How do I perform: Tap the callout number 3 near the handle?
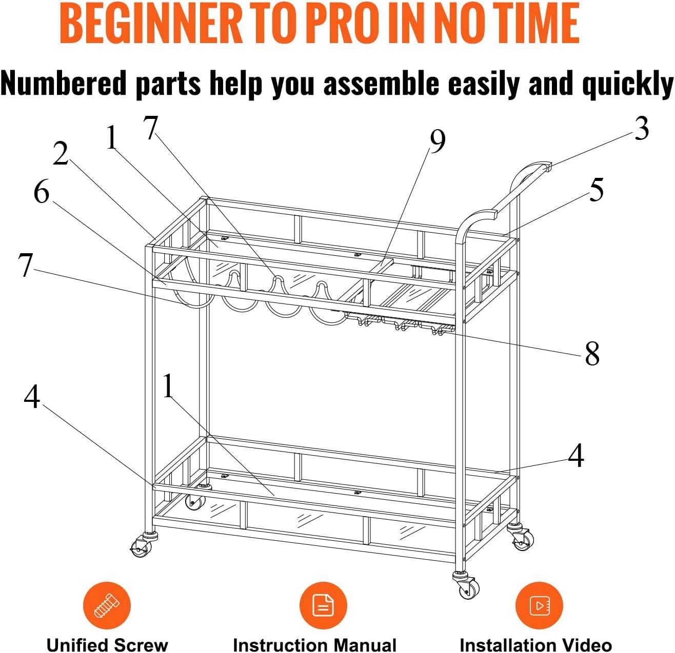point(642,128)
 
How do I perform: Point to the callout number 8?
point(592,353)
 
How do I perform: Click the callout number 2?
point(61,153)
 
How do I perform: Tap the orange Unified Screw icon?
point(107,605)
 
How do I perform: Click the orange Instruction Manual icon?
point(323,605)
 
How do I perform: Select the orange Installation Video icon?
point(539,605)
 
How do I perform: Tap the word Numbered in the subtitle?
point(64,83)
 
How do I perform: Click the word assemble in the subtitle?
point(381,83)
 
